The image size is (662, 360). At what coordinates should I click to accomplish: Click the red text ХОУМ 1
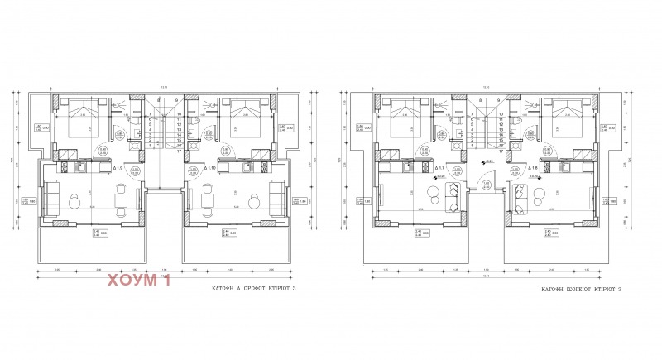click(x=137, y=282)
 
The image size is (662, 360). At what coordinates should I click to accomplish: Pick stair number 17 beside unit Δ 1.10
click(x=179, y=146)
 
